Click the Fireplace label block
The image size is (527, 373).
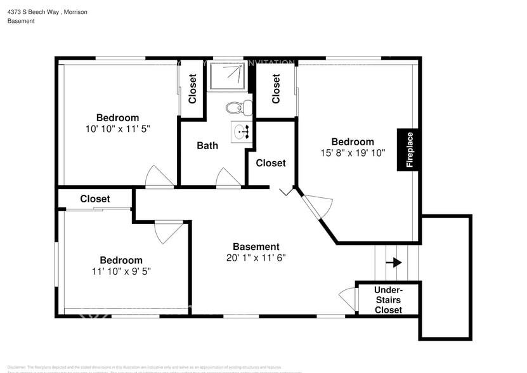point(409,150)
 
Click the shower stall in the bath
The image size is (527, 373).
point(229,77)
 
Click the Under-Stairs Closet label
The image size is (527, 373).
point(388,299)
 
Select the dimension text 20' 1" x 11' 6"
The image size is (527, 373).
point(256,258)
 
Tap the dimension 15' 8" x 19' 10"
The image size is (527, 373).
point(353,152)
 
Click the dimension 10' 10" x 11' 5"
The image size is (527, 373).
point(117,128)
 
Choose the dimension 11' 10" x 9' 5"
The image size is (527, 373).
point(120,271)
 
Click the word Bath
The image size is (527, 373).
point(207,145)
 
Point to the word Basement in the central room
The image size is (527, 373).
point(256,247)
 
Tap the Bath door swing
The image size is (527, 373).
point(228,178)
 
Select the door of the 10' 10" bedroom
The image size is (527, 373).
point(159,177)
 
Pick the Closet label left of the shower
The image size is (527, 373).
point(193,89)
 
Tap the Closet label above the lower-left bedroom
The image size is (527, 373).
point(95,199)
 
